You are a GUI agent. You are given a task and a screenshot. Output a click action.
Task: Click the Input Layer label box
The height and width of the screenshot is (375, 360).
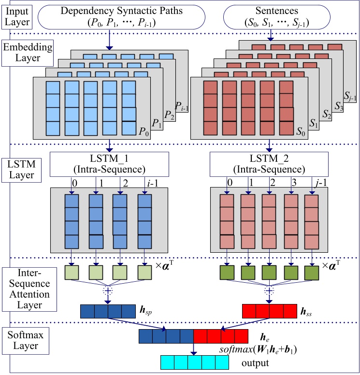pos(17,15)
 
